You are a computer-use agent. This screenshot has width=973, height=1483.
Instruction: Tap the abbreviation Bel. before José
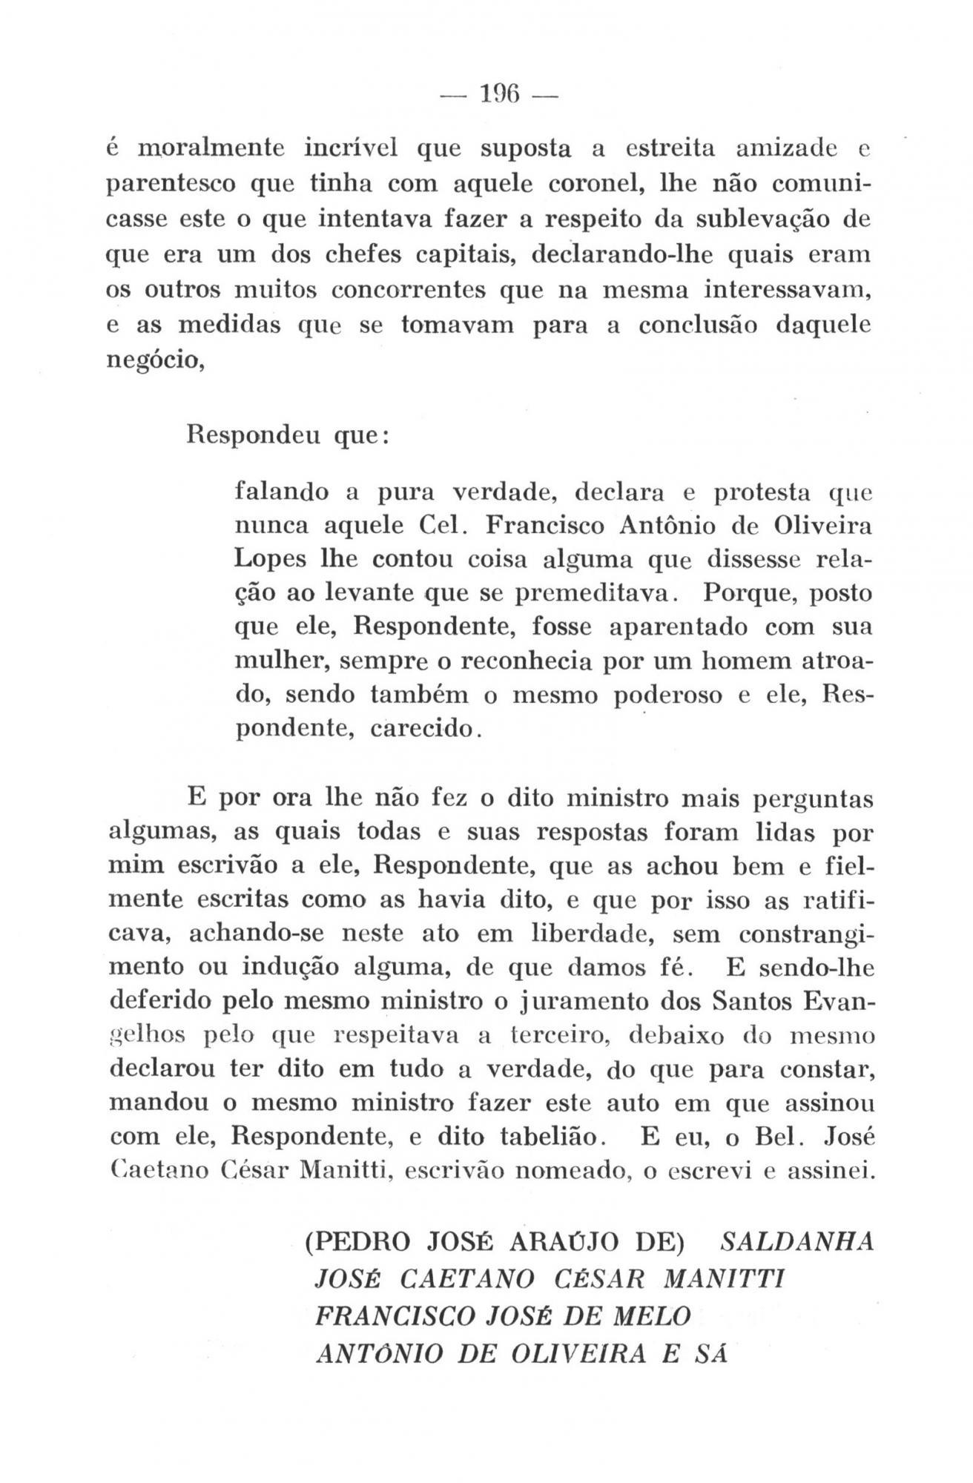click(x=779, y=1137)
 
